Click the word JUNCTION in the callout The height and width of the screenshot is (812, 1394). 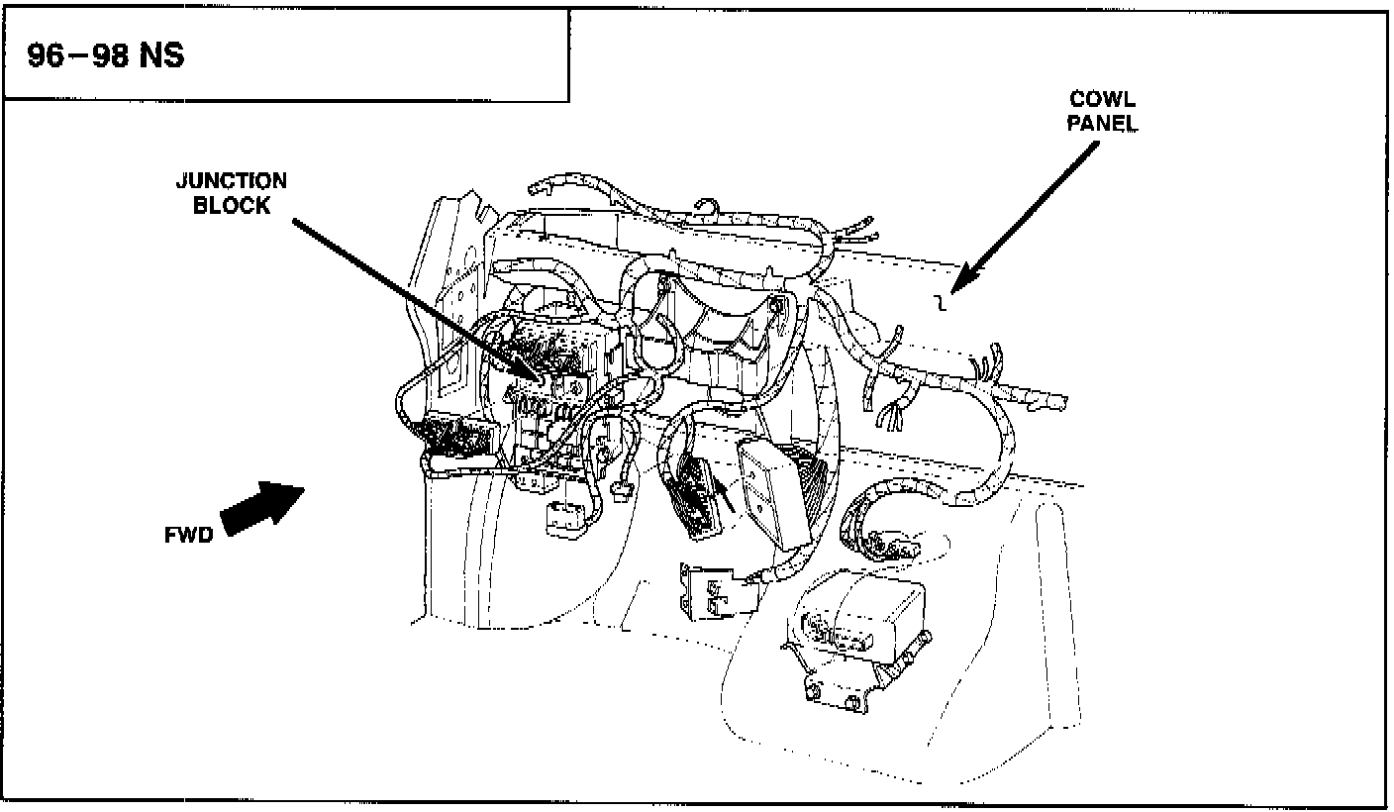pyautogui.click(x=232, y=181)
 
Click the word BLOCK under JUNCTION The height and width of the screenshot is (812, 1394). pyautogui.click(x=232, y=206)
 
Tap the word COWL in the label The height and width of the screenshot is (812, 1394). pyautogui.click(x=1102, y=100)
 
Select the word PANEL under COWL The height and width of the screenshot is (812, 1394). pyautogui.click(x=1102, y=125)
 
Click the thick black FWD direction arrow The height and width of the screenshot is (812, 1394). pyautogui.click(x=261, y=507)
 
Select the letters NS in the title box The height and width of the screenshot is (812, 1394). pyautogui.click(x=160, y=56)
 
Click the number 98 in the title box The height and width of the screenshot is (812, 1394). pyautogui.click(x=107, y=56)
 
